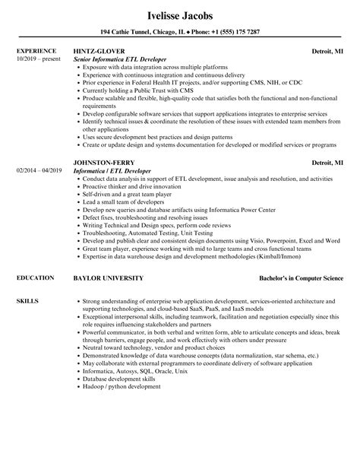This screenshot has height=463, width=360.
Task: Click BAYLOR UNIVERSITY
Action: coord(108,279)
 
